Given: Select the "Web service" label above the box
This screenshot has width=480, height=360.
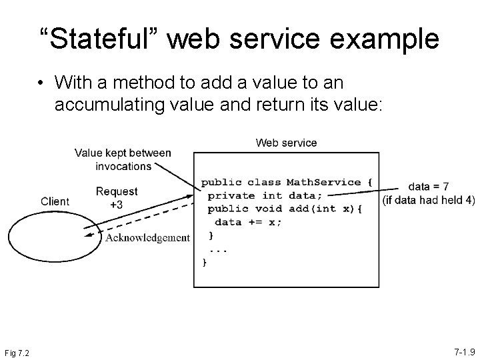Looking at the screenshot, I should [287, 143].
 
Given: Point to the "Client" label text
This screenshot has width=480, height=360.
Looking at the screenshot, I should [55, 201].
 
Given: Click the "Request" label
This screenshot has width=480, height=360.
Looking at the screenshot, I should [117, 191].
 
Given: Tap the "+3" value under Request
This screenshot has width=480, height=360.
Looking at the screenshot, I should [116, 205].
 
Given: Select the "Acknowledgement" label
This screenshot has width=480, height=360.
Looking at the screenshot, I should [147, 238].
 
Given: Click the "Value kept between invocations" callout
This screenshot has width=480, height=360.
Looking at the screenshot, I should [123, 159].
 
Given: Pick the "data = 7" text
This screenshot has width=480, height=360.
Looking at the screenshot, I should [429, 187].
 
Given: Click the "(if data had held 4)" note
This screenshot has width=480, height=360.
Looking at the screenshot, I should [429, 200].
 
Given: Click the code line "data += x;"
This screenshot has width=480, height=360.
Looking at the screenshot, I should [248, 222].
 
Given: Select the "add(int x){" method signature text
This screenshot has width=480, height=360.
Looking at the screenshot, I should [327, 209].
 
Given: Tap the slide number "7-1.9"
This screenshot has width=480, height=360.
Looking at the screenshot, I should [465, 351].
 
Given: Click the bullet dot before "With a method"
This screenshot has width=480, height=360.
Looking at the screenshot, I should [42, 83].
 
